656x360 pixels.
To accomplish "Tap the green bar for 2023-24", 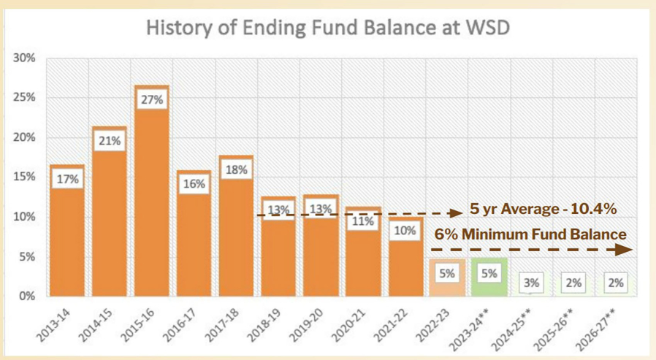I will [x=489, y=277].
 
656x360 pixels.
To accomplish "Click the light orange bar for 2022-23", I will [x=447, y=277].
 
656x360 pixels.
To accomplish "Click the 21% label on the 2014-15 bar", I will [x=110, y=141].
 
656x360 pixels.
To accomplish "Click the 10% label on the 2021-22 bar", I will [x=405, y=231].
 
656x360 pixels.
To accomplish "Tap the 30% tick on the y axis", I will [x=25, y=58].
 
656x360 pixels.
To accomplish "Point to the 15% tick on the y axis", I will [x=25, y=177].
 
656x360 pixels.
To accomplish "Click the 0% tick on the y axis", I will [x=27, y=296].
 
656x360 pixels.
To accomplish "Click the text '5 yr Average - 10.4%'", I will [x=544, y=210].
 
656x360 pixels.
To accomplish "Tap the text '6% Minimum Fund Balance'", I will [x=530, y=234].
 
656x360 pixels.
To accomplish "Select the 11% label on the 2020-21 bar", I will [x=363, y=221].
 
